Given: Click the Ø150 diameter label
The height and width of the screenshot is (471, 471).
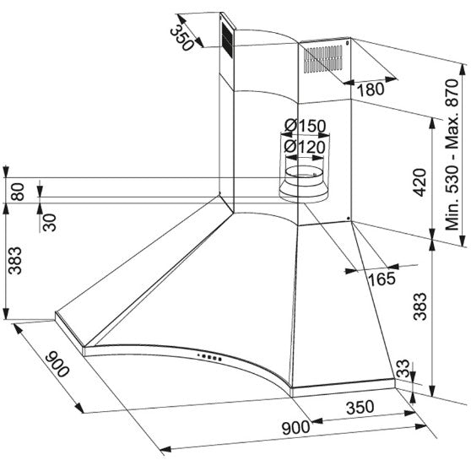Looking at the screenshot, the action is coord(306,126).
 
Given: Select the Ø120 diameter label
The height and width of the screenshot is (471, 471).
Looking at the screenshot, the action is coord(305,147).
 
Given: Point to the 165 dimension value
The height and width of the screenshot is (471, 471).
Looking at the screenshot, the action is coord(382,279).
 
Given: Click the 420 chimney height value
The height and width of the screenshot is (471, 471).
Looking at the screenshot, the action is coord(420,182).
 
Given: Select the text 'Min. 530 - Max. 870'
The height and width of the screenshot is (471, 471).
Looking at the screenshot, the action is coord(452,154).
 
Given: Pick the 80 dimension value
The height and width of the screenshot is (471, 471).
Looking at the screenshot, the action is coord(18,192).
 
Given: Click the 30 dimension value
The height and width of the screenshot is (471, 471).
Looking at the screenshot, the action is coord(49,222).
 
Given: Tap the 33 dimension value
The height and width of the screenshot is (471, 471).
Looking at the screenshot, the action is coord(403,369).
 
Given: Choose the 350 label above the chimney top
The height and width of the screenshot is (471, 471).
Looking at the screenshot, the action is coord(181,37).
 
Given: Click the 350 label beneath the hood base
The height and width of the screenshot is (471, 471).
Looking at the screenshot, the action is coord(360,407).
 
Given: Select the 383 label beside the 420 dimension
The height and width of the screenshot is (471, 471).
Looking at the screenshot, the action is coord(420,306).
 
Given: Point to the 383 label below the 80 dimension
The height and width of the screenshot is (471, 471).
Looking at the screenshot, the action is coord(15,261).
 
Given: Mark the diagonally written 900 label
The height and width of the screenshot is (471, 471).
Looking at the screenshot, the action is coord(57,364).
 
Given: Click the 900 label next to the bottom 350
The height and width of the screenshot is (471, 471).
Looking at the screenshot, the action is coord(296,427).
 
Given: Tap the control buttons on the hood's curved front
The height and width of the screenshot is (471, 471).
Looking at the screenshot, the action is coord(209,357).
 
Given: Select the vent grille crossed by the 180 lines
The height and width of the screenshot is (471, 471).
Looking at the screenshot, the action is coord(323,59).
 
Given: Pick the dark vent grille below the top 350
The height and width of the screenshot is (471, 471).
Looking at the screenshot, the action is coord(227,39).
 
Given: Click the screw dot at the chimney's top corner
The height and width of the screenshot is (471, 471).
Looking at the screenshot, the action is coord(348,43).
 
